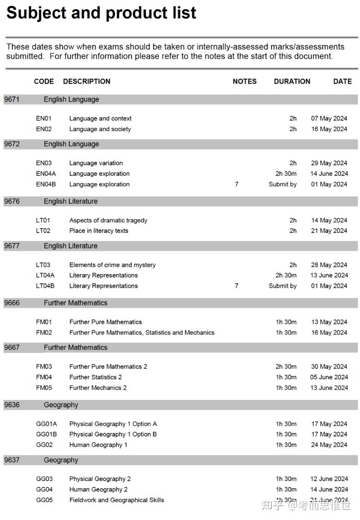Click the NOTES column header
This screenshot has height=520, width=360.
tap(244, 81)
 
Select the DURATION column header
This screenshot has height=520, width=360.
tap(292, 81)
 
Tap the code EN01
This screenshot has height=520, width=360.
tap(44, 119)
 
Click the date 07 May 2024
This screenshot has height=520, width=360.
tap(329, 119)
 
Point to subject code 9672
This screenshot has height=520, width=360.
tap(12, 144)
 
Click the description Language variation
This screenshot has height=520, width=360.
tap(96, 163)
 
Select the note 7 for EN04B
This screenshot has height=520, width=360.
tap(236, 184)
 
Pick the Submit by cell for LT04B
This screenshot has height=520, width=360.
tap(282, 286)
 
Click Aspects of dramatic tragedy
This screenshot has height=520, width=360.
tap(108, 220)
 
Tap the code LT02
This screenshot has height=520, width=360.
tap(43, 231)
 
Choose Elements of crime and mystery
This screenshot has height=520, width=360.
tap(112, 265)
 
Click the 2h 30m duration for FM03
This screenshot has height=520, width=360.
tap(286, 367)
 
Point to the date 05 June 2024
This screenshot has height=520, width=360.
tap(329, 377)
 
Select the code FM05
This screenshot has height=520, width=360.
tap(44, 388)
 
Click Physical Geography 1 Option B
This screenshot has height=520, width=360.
tap(113, 434)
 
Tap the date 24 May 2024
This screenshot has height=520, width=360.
tap(329, 445)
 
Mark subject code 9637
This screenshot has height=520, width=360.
tap(12, 460)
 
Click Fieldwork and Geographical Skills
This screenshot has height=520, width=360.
tap(116, 500)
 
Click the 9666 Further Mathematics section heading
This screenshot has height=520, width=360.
tap(75, 303)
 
